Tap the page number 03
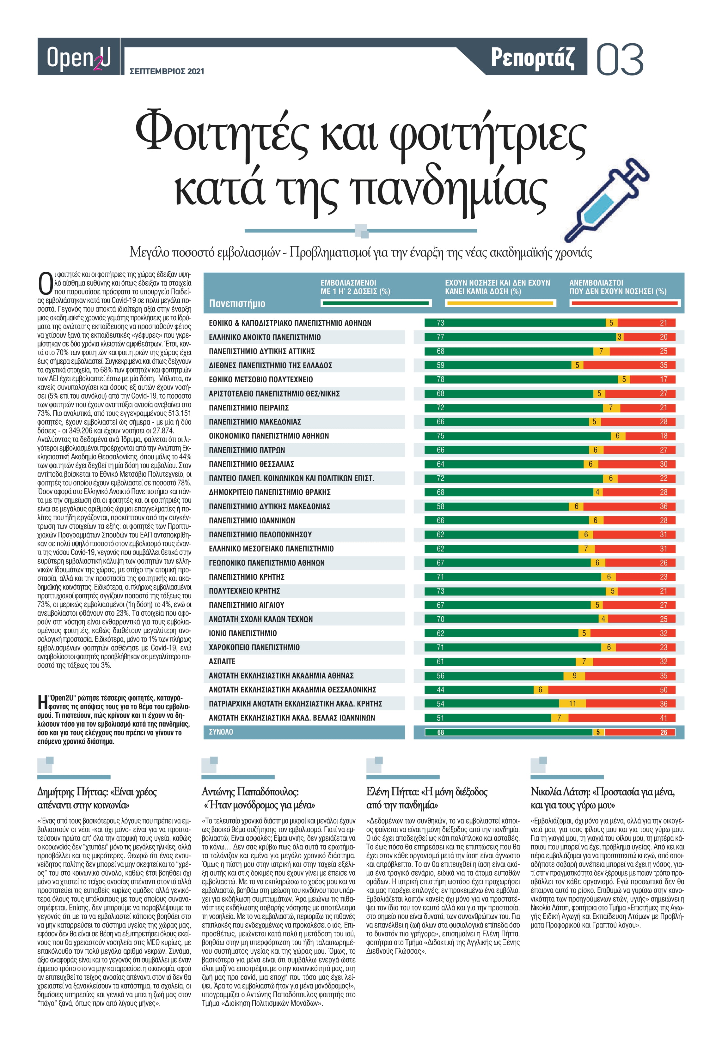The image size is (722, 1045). (x=620, y=59)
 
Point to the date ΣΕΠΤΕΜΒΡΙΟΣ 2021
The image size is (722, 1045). (x=167, y=71)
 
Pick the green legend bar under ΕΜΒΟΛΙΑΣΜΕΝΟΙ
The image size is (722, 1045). (x=376, y=303)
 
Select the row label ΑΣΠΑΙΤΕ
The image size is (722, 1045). (x=222, y=662)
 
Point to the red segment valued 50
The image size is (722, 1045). (x=612, y=690)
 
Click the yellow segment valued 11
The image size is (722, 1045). (x=572, y=704)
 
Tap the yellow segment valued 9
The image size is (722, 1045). (x=574, y=676)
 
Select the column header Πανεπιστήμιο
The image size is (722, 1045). (x=237, y=304)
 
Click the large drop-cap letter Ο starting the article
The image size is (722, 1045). (x=45, y=284)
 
